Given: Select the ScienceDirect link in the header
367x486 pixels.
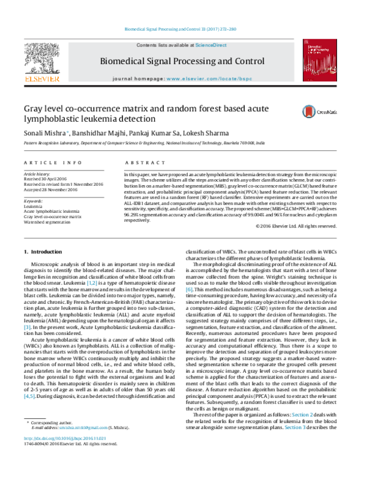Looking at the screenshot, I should [x=211, y=45].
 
